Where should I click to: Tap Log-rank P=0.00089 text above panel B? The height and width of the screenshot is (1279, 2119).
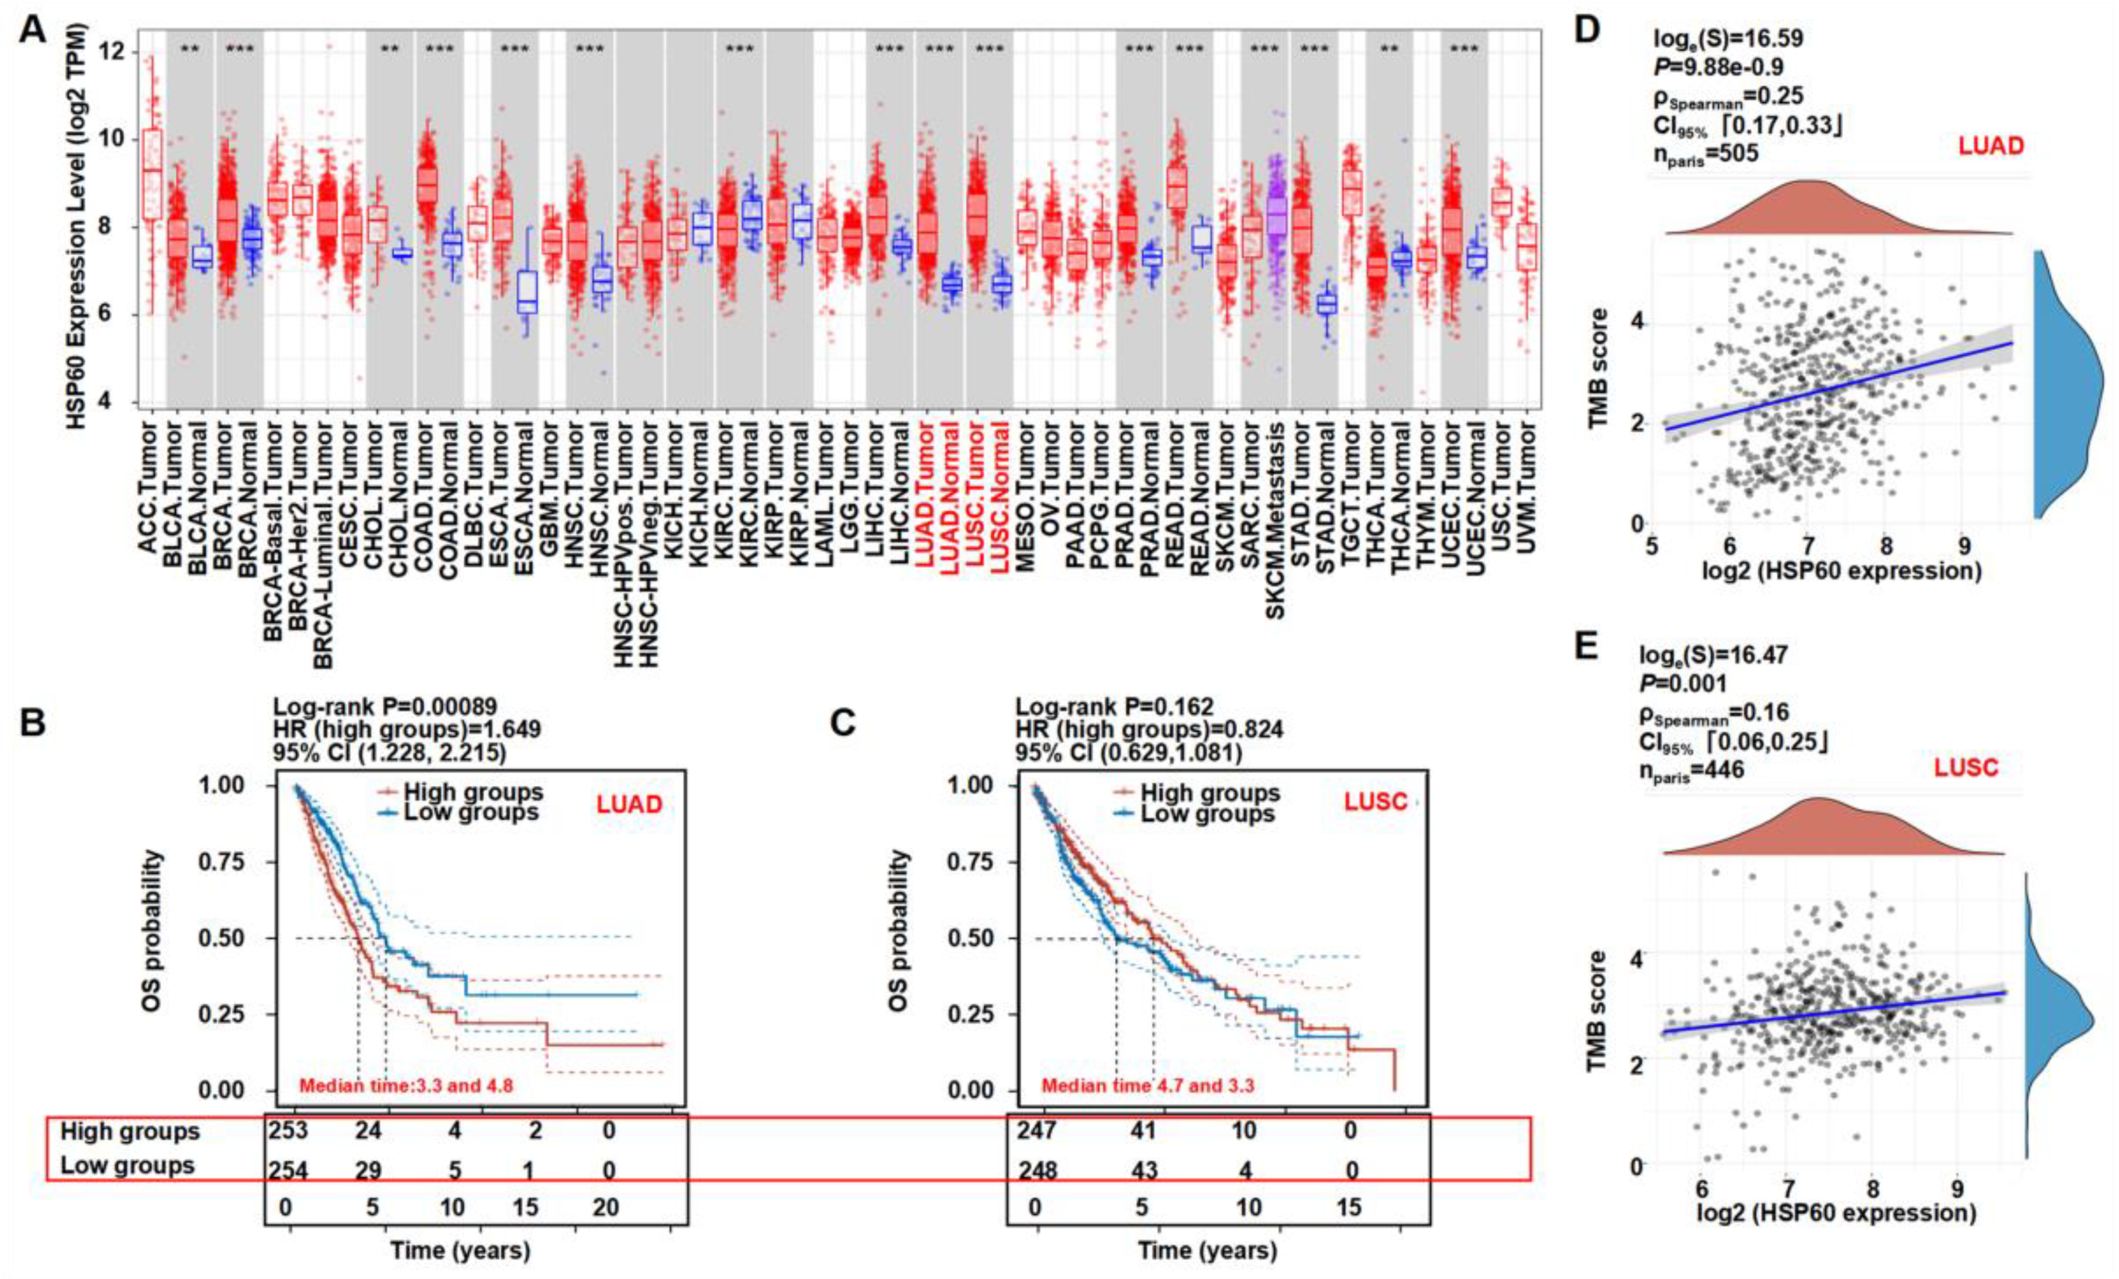pyautogui.click(x=384, y=707)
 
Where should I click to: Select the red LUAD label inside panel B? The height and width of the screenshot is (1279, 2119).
pyautogui.click(x=630, y=806)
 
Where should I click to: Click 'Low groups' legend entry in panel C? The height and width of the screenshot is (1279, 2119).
pyautogui.click(x=1207, y=813)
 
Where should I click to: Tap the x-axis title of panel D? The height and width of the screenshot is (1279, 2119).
pyautogui.click(x=1840, y=570)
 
